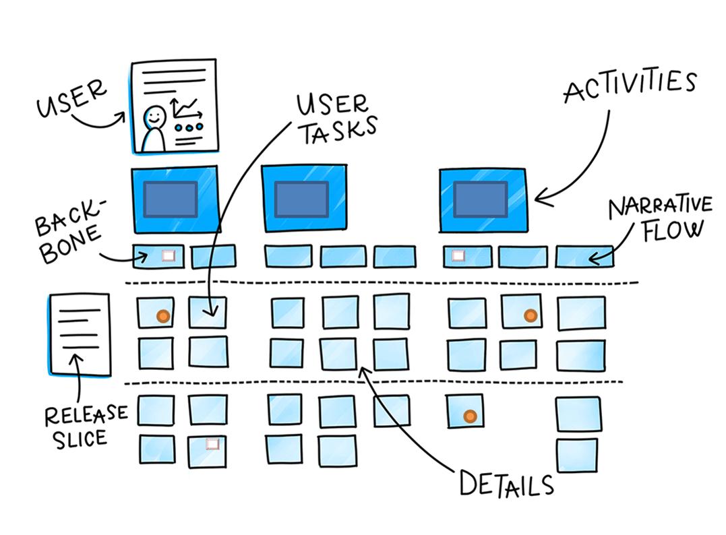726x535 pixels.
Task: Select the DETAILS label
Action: tap(506, 484)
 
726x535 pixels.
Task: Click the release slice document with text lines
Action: tap(80, 334)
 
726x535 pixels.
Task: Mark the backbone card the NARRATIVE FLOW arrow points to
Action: tap(584, 257)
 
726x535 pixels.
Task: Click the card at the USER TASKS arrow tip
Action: tap(207, 313)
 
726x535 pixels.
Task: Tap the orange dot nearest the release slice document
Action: tap(162, 315)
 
